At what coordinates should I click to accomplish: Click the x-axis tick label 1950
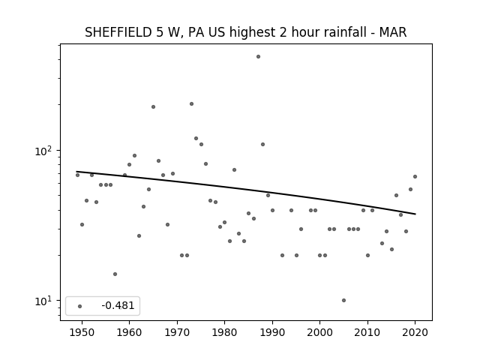pyautogui.click(x=82, y=332)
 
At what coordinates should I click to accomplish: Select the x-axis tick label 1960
pyautogui.click(x=129, y=332)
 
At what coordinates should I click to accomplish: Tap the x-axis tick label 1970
pyautogui.click(x=177, y=332)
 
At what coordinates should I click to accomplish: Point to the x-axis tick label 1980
pyautogui.click(x=224, y=332)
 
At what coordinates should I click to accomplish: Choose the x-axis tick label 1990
pyautogui.click(x=272, y=332)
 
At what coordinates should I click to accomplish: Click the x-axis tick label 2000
pyautogui.click(x=320, y=332)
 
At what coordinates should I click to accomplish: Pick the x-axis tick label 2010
pyautogui.click(x=367, y=332)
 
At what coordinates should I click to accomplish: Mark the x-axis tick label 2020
pyautogui.click(x=415, y=332)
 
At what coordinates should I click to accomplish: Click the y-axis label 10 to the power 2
pyautogui.click(x=45, y=151)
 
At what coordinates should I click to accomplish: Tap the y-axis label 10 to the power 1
pyautogui.click(x=45, y=301)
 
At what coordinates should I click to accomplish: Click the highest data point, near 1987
pyautogui.click(x=258, y=57)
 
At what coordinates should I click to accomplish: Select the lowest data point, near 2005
pyautogui.click(x=343, y=300)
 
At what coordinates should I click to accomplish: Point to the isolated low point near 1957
pyautogui.click(x=115, y=274)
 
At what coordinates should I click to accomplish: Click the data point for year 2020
pyautogui.click(x=415, y=177)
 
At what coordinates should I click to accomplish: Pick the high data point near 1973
pyautogui.click(x=192, y=103)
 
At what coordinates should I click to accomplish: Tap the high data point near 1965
pyautogui.click(x=153, y=106)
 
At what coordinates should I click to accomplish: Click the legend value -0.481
pyautogui.click(x=118, y=305)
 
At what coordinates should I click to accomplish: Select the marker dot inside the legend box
pyautogui.click(x=80, y=306)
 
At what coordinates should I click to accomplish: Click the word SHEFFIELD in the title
pyautogui.click(x=118, y=32)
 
